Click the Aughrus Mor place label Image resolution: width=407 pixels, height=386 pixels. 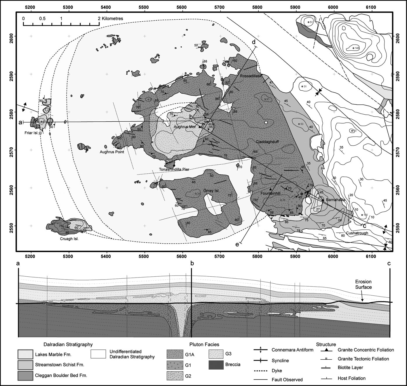point(185,127)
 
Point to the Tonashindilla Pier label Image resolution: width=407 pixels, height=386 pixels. point(174,169)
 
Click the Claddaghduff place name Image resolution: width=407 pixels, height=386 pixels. point(267,142)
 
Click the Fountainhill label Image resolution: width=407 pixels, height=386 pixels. point(270,193)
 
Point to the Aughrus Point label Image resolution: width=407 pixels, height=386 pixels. point(112,152)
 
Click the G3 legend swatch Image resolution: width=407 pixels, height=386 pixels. point(217,354)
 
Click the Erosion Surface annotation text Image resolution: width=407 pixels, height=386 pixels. point(363,284)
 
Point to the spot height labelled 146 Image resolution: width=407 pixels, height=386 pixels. point(354,48)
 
